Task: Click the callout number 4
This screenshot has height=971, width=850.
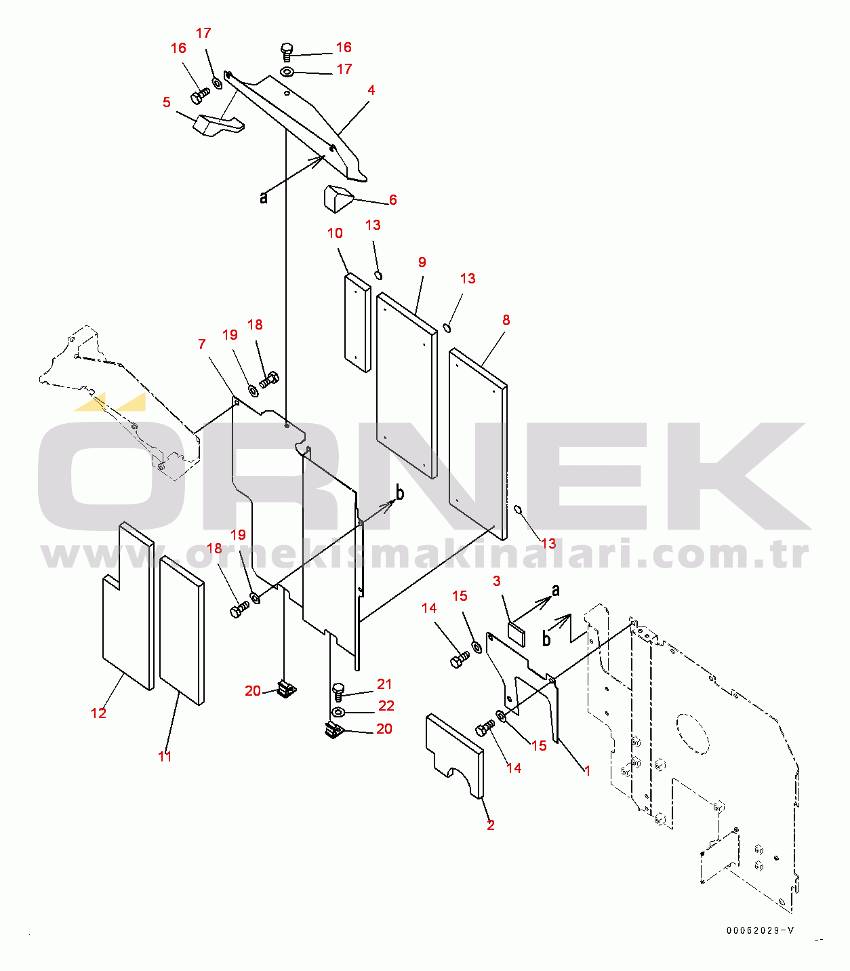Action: click(x=371, y=90)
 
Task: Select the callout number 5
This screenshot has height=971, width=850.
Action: click(x=167, y=102)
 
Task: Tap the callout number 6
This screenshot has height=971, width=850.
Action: click(x=392, y=200)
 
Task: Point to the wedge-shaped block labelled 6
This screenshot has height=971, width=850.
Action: click(x=337, y=198)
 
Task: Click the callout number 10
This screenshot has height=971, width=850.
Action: click(x=335, y=233)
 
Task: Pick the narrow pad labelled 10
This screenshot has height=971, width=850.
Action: click(x=358, y=323)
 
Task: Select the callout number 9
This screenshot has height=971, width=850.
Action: click(x=422, y=262)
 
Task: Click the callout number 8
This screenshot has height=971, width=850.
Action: click(x=506, y=320)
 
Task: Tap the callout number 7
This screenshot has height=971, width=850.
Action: click(x=201, y=344)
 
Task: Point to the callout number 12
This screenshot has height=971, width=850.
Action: click(x=99, y=713)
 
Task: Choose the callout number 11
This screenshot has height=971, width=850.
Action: click(x=165, y=756)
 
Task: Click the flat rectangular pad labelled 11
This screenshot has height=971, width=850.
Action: click(x=182, y=631)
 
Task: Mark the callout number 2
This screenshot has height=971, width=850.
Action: click(x=490, y=825)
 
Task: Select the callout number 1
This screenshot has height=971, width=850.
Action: click(x=587, y=771)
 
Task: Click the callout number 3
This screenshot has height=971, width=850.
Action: click(x=497, y=581)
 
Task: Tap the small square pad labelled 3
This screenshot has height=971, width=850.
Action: click(x=517, y=632)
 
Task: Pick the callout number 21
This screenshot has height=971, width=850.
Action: click(x=384, y=684)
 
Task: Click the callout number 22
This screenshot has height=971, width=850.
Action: click(x=386, y=706)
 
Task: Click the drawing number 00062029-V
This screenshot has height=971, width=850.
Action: click(x=759, y=930)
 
